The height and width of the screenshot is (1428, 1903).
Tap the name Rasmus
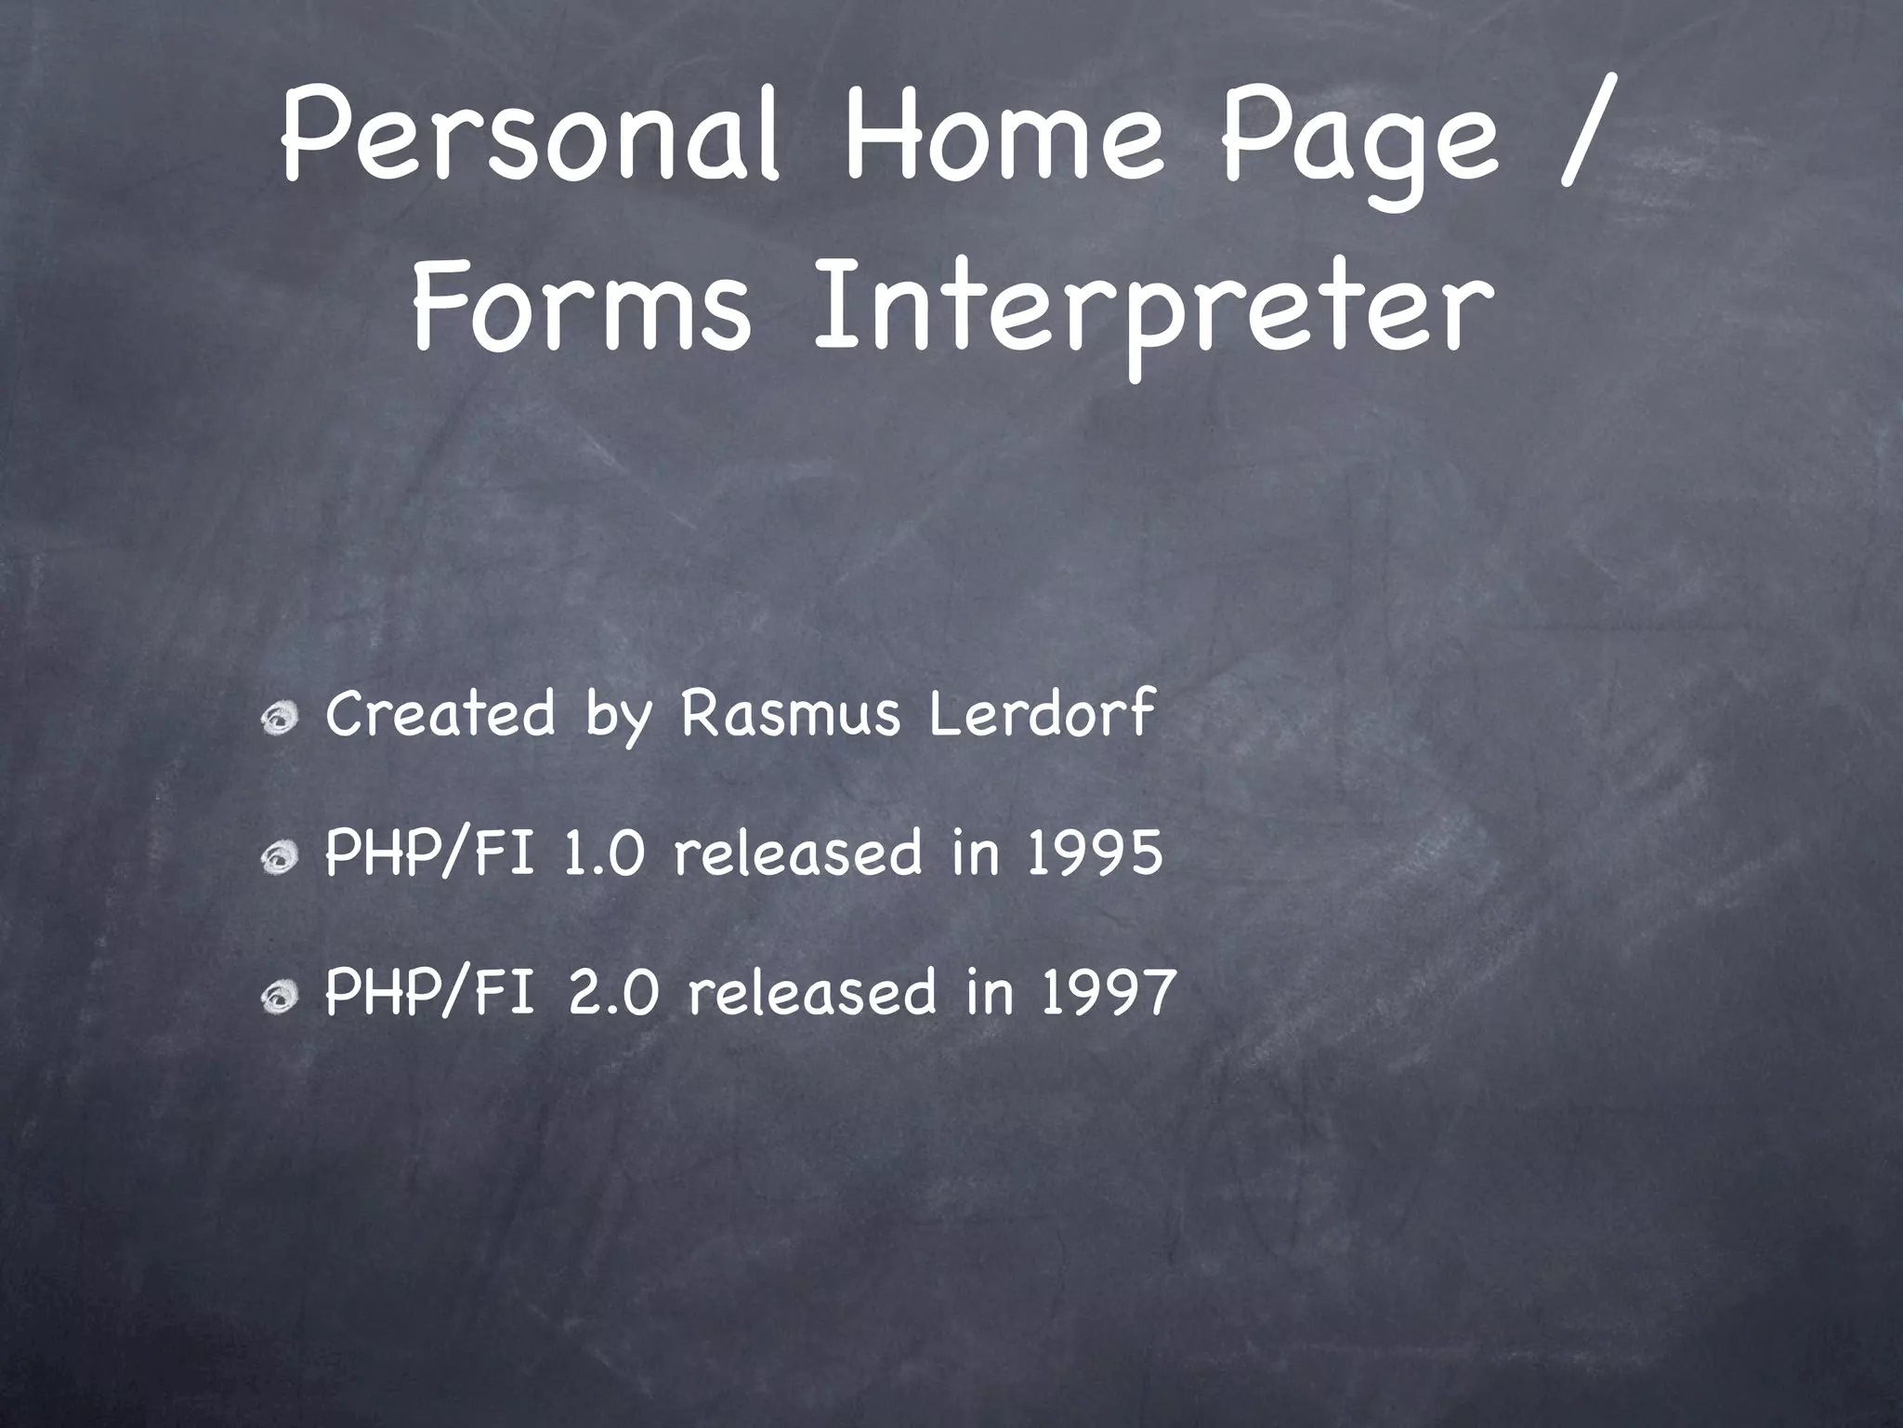[x=791, y=714]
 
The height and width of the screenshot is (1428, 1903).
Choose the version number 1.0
[x=604, y=853]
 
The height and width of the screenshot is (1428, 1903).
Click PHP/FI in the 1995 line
[x=429, y=854]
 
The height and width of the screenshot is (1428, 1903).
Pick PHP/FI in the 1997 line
[x=429, y=993]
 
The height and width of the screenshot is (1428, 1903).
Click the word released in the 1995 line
[x=798, y=853]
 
